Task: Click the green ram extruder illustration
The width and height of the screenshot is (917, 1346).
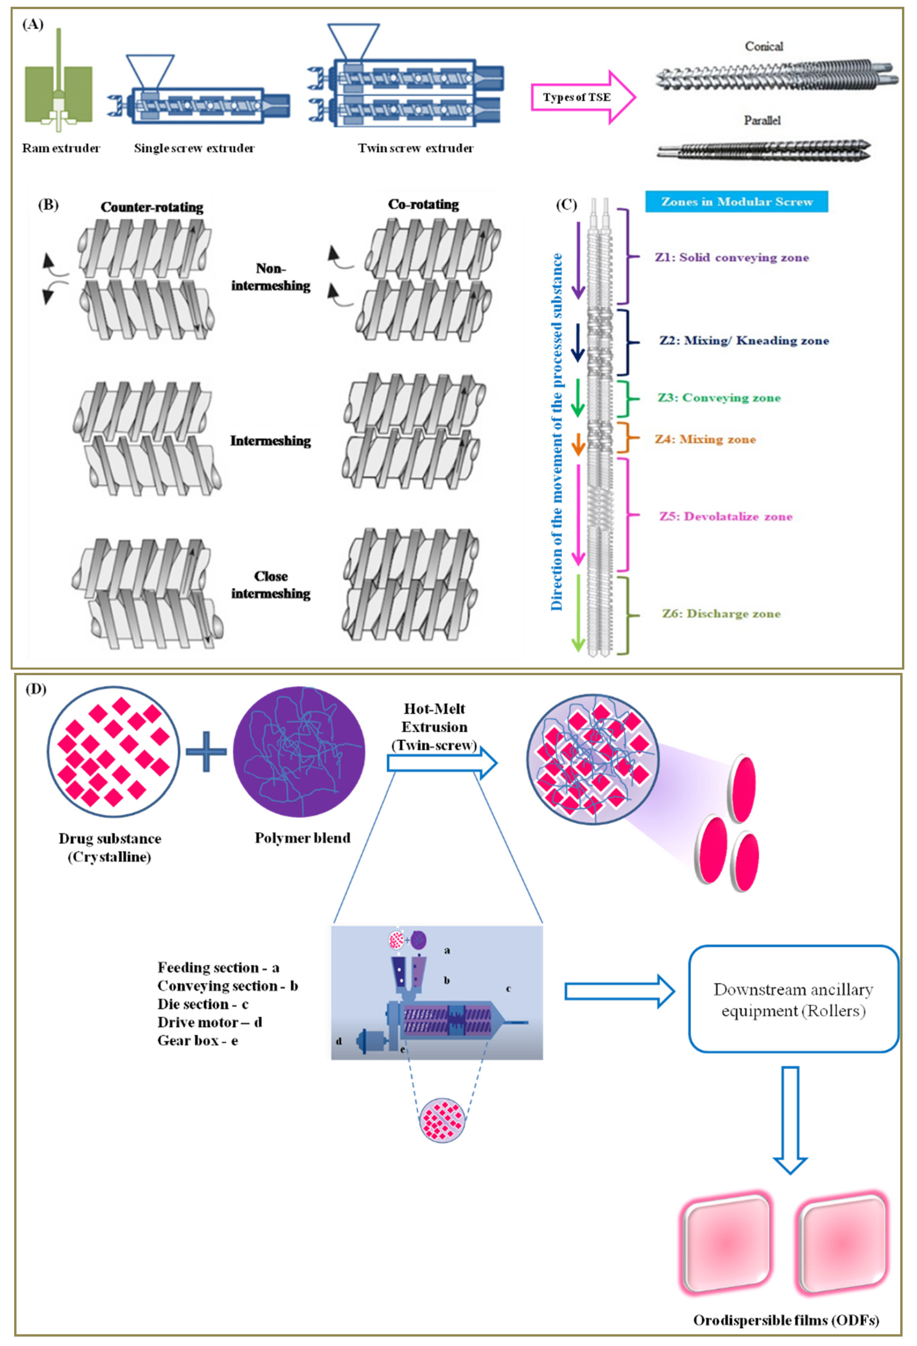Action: (58, 93)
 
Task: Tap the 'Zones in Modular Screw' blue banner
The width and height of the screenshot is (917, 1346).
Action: (736, 202)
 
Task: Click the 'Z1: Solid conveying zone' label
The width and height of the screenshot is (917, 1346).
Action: (731, 257)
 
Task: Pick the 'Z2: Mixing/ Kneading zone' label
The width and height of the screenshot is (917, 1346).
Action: (744, 341)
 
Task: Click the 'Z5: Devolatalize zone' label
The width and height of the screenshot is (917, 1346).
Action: (725, 517)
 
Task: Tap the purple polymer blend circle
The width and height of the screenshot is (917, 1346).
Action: (299, 751)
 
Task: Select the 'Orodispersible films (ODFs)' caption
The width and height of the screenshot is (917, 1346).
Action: (785, 1320)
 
